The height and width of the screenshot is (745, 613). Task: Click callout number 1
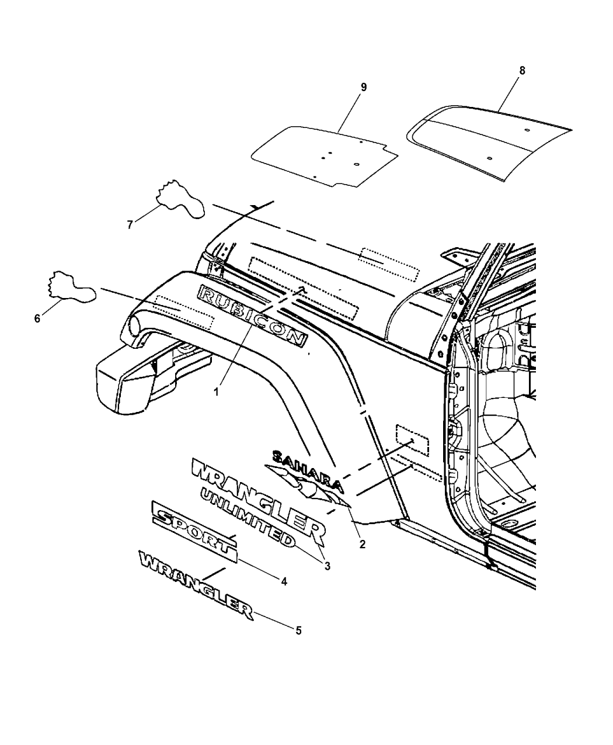216,391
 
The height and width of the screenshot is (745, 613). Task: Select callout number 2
363,554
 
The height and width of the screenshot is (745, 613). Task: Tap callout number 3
328,576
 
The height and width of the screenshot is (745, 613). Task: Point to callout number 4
284,592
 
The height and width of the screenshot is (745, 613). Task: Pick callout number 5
298,640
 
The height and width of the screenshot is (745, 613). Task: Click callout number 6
37,318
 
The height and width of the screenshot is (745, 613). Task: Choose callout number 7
130,224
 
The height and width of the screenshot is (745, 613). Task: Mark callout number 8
522,71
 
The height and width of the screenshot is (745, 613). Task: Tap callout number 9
363,88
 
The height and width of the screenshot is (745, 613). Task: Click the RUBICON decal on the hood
252,316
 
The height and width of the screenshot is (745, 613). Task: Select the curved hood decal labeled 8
489,143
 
